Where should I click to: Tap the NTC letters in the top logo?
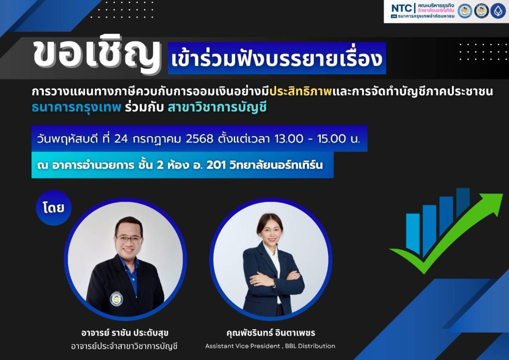click(x=402, y=9)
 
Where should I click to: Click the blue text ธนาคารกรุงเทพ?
click(x=77, y=107)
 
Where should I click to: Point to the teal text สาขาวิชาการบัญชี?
click(x=217, y=107)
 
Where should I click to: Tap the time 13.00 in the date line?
click(x=289, y=139)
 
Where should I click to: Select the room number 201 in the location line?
click(x=216, y=165)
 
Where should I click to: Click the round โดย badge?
click(x=54, y=208)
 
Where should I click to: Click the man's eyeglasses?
click(x=129, y=240)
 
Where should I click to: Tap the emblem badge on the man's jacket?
click(x=116, y=299)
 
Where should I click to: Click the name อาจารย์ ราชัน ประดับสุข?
click(x=125, y=333)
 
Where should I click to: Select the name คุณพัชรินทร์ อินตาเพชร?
click(x=271, y=333)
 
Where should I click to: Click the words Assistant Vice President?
click(x=243, y=346)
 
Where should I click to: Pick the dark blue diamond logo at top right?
click(x=498, y=11)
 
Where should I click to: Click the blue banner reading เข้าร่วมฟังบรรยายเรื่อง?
click(x=277, y=58)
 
